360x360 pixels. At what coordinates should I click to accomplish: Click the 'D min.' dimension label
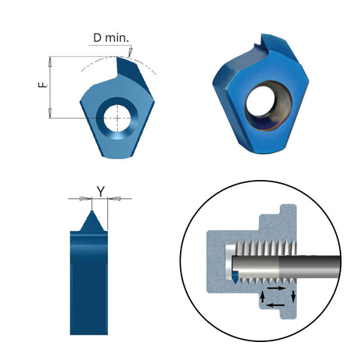[x=109, y=37]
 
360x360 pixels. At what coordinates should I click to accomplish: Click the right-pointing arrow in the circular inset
[x=277, y=287]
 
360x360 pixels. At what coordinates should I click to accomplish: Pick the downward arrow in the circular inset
[x=293, y=295]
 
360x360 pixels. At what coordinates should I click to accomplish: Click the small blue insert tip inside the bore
[x=236, y=277]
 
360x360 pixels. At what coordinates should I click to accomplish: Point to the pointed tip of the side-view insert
[x=92, y=212]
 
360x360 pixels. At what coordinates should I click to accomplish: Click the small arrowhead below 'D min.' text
[x=129, y=53]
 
